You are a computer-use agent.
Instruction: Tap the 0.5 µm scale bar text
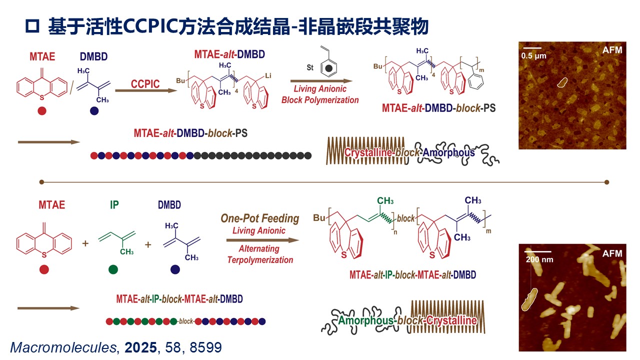click(x=534, y=56)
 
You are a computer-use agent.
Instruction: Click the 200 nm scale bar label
click(x=537, y=259)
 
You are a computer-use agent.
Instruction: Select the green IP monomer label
click(x=114, y=205)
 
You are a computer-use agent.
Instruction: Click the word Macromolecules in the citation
click(x=62, y=347)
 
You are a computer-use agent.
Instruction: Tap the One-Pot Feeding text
click(x=259, y=218)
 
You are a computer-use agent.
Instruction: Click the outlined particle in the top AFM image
click(x=563, y=81)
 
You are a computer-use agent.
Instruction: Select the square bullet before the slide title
click(x=32, y=27)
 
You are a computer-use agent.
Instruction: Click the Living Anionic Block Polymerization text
click(x=320, y=95)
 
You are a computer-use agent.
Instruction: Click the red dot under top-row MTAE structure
click(x=42, y=111)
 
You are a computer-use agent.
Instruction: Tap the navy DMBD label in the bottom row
click(x=169, y=205)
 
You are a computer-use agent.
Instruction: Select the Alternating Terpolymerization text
click(x=260, y=254)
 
